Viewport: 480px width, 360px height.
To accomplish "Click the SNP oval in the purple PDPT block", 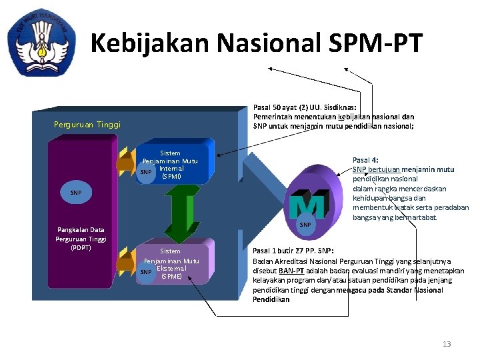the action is tap(76, 193).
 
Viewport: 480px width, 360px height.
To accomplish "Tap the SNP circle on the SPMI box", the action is tap(146, 173).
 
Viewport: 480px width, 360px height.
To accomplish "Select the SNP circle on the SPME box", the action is tap(146, 272).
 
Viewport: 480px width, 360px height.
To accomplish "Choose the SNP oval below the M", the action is tap(305, 225).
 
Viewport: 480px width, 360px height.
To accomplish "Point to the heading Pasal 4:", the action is tap(365, 160).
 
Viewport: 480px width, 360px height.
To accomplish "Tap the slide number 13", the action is tap(447, 344).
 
